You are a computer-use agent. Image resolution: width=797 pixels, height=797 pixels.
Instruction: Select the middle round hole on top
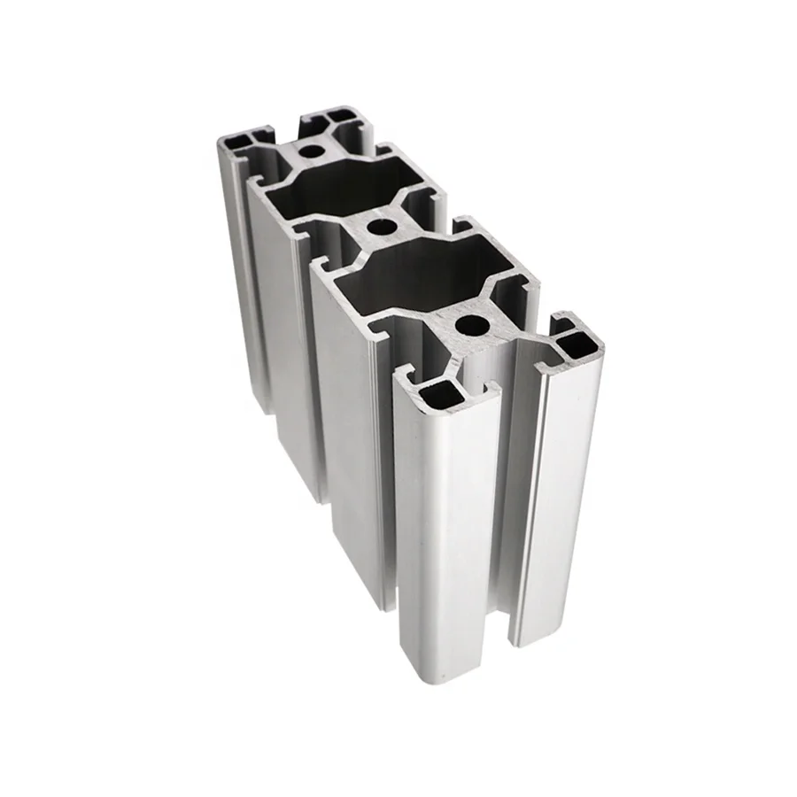[382, 227]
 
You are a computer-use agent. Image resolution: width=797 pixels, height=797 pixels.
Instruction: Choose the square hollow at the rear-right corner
[337, 116]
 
